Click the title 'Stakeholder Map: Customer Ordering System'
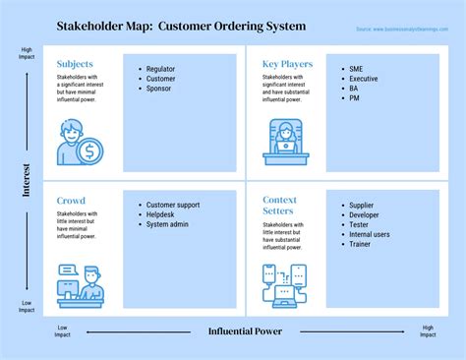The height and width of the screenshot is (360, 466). [x=182, y=26]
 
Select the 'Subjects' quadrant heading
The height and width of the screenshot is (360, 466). [x=76, y=64]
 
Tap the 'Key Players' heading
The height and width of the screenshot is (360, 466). [x=287, y=64]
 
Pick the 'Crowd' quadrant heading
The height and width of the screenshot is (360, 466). [x=71, y=200]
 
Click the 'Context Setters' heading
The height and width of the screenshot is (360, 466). [x=279, y=206]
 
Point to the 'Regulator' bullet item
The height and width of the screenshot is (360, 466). [x=161, y=69]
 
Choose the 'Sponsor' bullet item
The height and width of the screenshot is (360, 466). [x=158, y=89]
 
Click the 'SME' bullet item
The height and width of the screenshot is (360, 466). [x=357, y=69]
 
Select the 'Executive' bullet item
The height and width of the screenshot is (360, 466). [x=364, y=79]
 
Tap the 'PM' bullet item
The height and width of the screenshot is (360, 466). [x=356, y=98]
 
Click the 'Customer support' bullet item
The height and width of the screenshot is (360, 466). [x=173, y=205]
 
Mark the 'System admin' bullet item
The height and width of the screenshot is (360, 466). [x=167, y=224]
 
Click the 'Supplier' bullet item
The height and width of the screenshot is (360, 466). [x=363, y=205]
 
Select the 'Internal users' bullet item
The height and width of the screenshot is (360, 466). [x=370, y=234]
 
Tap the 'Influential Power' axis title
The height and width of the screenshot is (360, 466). [x=245, y=331]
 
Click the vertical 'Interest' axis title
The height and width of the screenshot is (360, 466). [x=27, y=180]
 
